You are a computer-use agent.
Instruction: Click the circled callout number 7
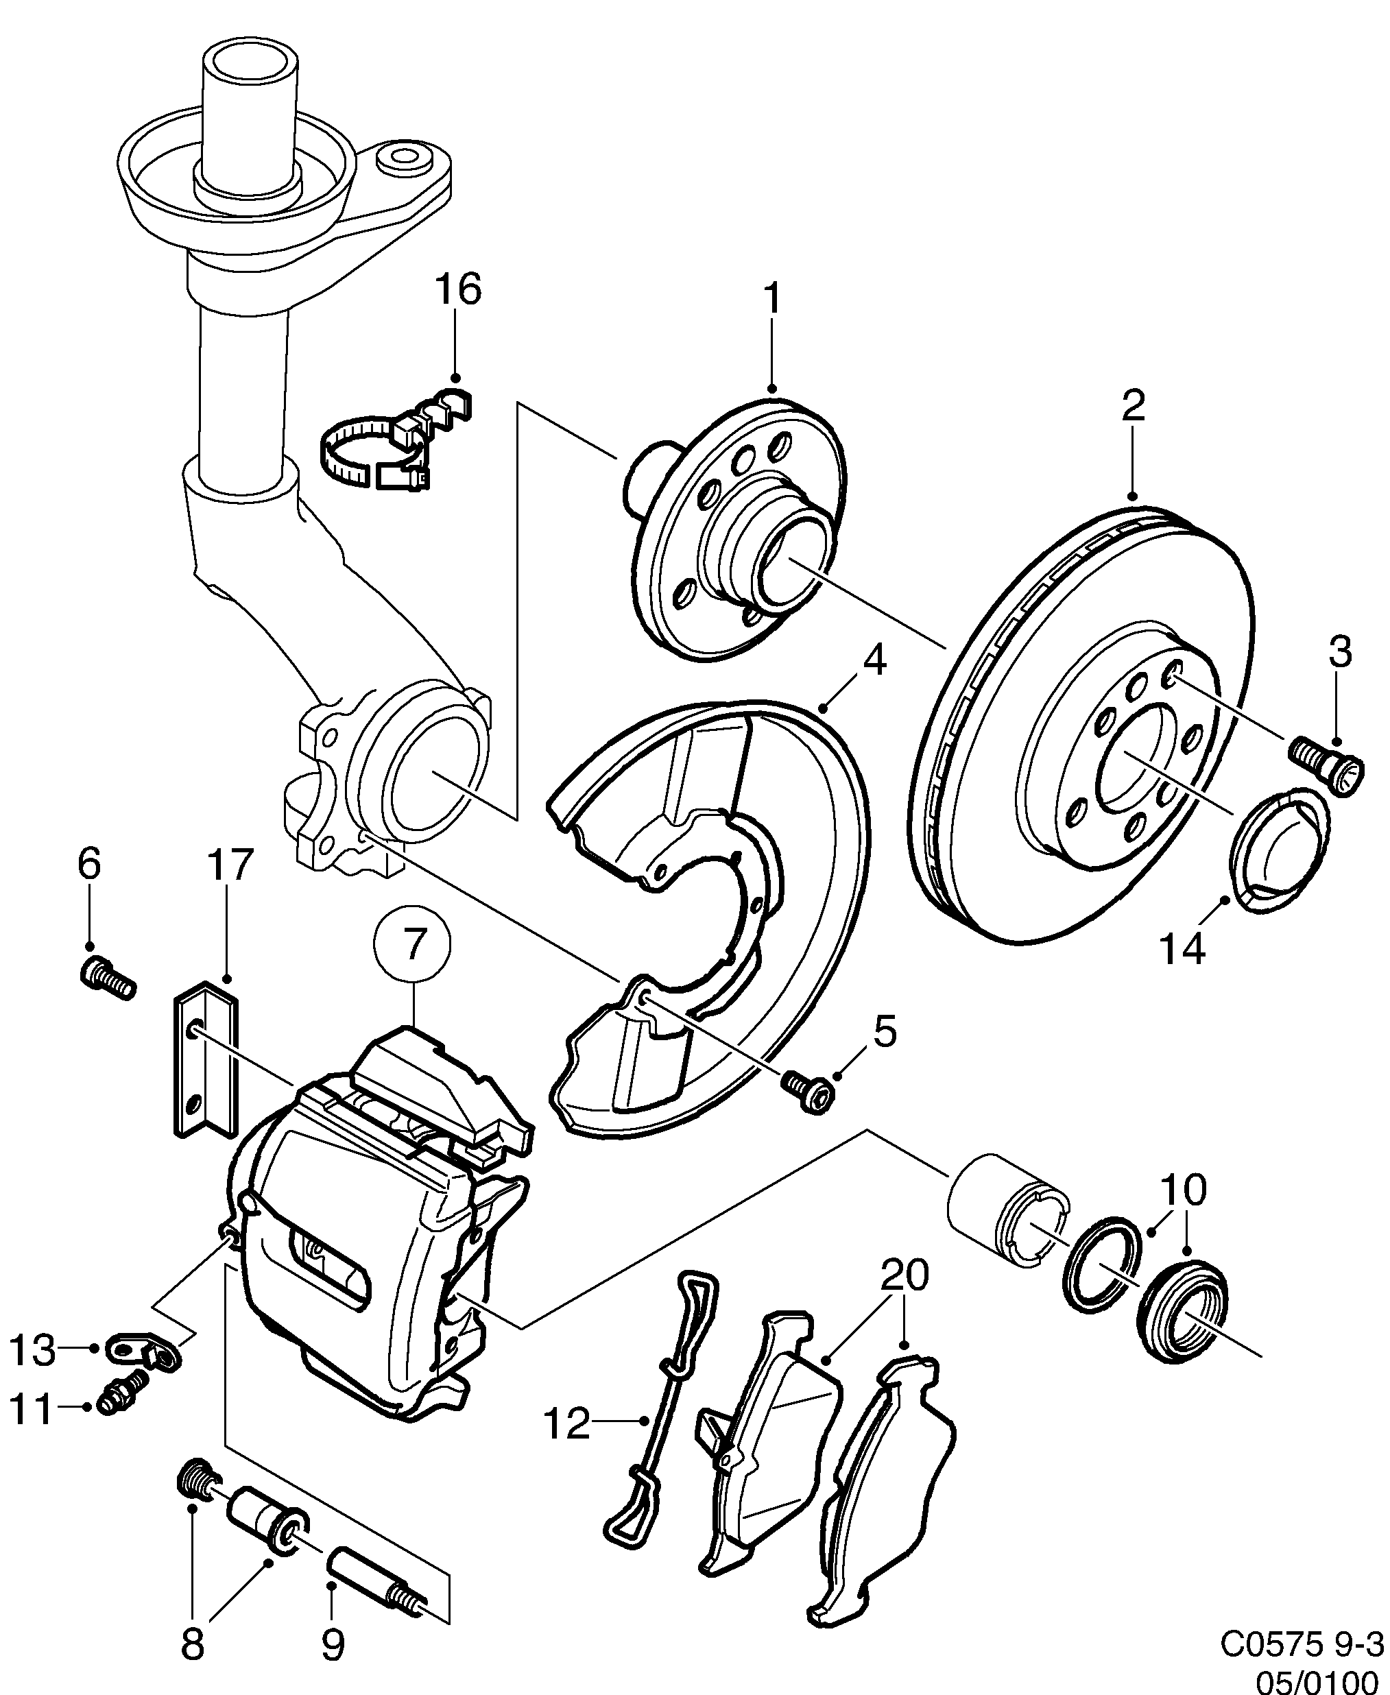(x=412, y=946)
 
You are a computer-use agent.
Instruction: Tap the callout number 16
(x=458, y=290)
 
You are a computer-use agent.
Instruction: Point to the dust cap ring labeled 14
(x=1279, y=852)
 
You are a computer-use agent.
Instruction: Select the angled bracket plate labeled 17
(x=205, y=1066)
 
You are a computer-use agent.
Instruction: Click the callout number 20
(x=904, y=1276)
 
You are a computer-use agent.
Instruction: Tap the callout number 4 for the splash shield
(x=874, y=662)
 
